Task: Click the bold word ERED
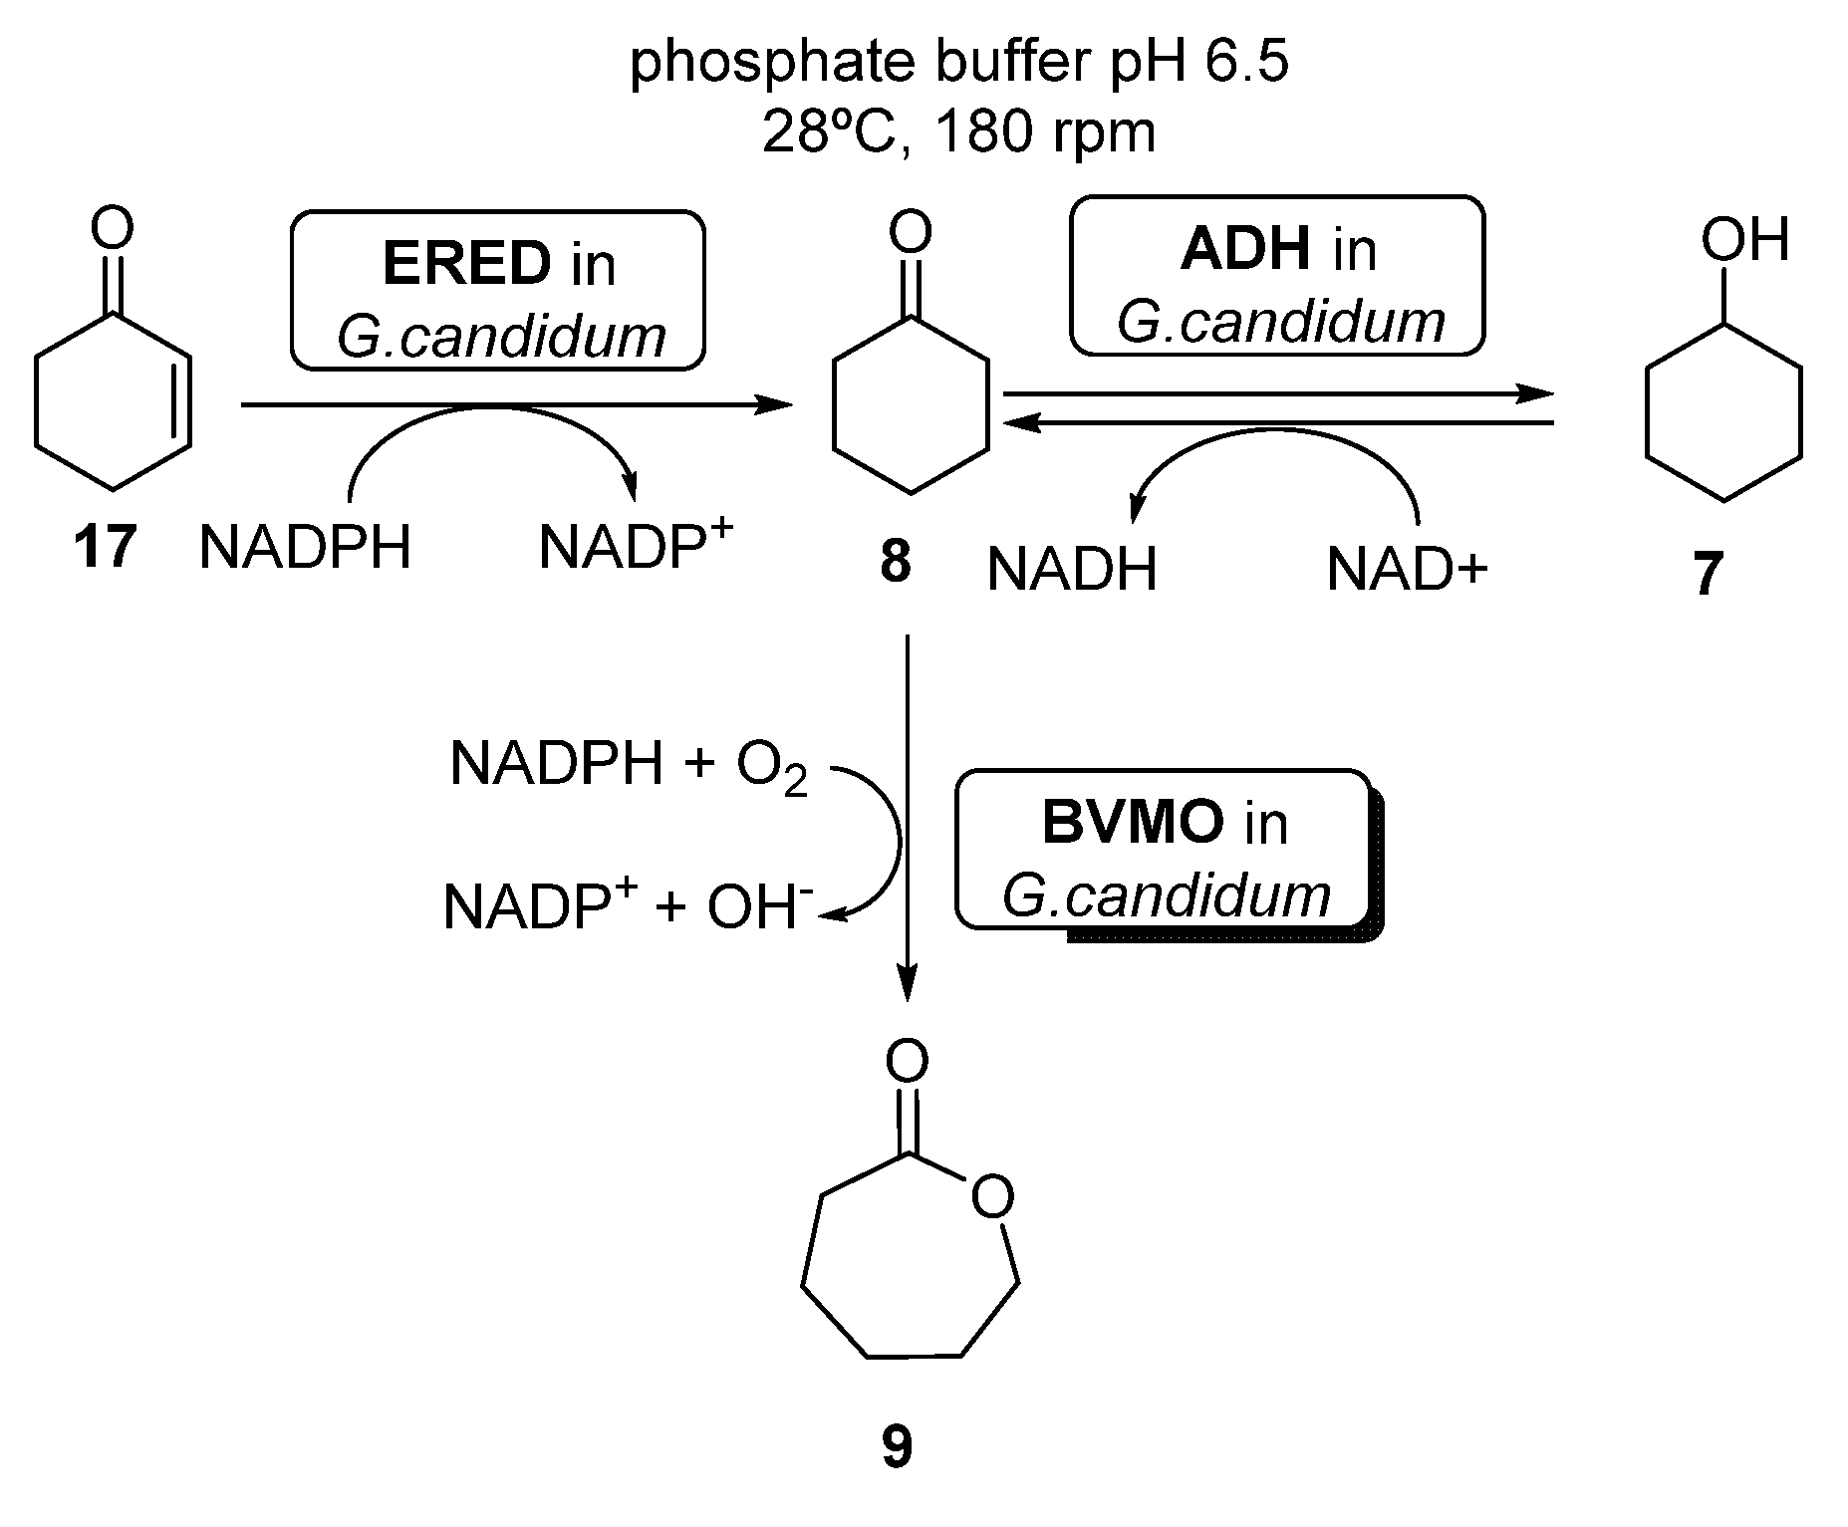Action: click(465, 264)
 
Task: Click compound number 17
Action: click(104, 547)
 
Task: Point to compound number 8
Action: click(896, 562)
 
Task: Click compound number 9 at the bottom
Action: click(897, 1446)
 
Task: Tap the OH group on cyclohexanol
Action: click(1744, 240)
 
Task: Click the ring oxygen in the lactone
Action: click(992, 1198)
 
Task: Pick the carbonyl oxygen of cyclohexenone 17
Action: click(112, 228)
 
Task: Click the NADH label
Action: click(1072, 571)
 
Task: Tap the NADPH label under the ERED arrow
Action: click(305, 548)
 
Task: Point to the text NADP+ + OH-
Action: click(628, 906)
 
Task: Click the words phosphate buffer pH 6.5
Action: click(959, 63)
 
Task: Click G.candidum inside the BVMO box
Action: click(1166, 895)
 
